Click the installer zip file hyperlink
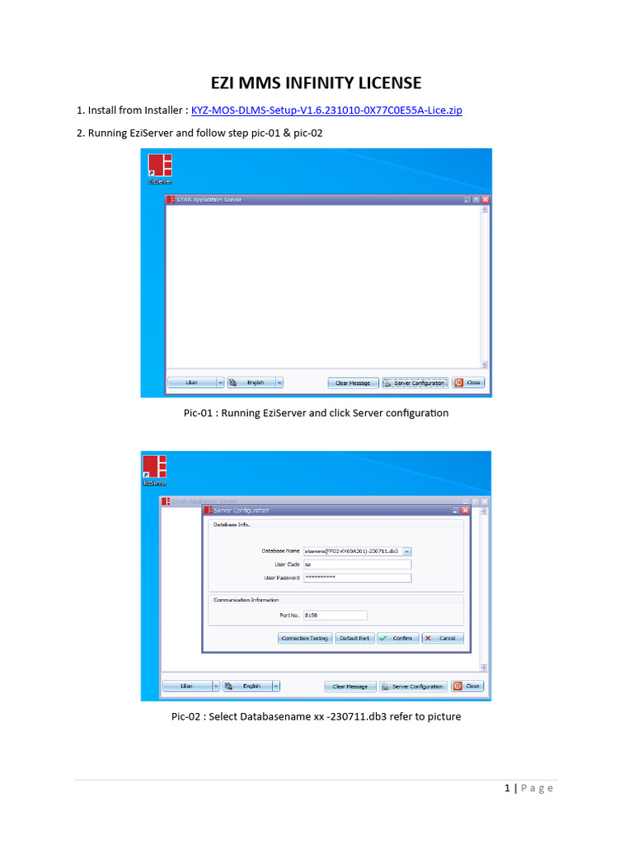click(326, 110)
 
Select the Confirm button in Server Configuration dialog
click(398, 638)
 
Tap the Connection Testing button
click(305, 638)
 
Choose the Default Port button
click(354, 638)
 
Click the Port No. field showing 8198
click(335, 615)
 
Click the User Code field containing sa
click(356, 565)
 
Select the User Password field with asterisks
click(356, 578)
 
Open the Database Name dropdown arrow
click(407, 551)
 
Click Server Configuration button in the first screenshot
click(415, 382)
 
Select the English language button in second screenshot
click(247, 686)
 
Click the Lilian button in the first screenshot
click(193, 382)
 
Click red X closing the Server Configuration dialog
click(466, 510)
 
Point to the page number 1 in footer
click(508, 789)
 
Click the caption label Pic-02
click(187, 716)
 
